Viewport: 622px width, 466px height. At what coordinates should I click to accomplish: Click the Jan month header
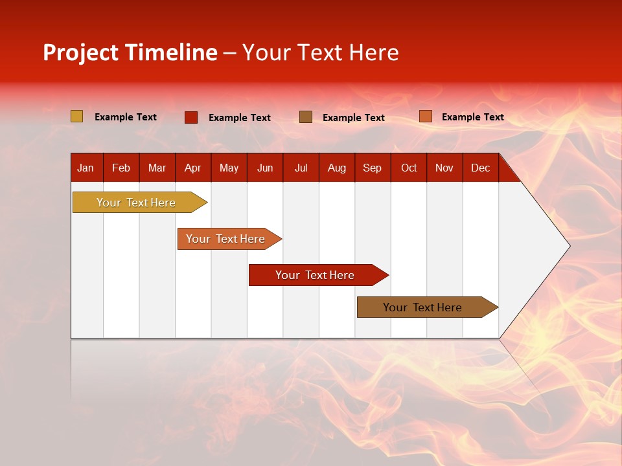(x=86, y=168)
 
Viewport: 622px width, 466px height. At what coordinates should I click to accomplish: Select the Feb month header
(x=121, y=168)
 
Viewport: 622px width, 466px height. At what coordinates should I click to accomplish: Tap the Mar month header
(x=157, y=168)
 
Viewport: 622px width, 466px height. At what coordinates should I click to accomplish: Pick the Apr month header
(x=193, y=168)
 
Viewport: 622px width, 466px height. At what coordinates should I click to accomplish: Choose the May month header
(x=229, y=168)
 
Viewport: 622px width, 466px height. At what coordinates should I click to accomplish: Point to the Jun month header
(x=265, y=168)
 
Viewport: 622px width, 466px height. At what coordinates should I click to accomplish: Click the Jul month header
(x=301, y=168)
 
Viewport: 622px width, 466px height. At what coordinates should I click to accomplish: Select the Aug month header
(x=337, y=168)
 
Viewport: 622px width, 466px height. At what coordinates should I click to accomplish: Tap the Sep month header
(x=373, y=168)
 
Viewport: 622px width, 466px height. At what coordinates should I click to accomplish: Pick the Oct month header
(x=409, y=168)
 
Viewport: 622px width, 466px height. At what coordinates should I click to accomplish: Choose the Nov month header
(x=444, y=168)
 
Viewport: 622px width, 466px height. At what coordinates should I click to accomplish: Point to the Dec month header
(x=481, y=168)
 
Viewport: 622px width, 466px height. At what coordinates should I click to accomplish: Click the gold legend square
(x=77, y=116)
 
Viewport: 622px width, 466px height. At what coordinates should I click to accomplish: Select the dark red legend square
(x=191, y=117)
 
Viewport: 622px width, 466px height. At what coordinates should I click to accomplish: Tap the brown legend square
(x=306, y=117)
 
